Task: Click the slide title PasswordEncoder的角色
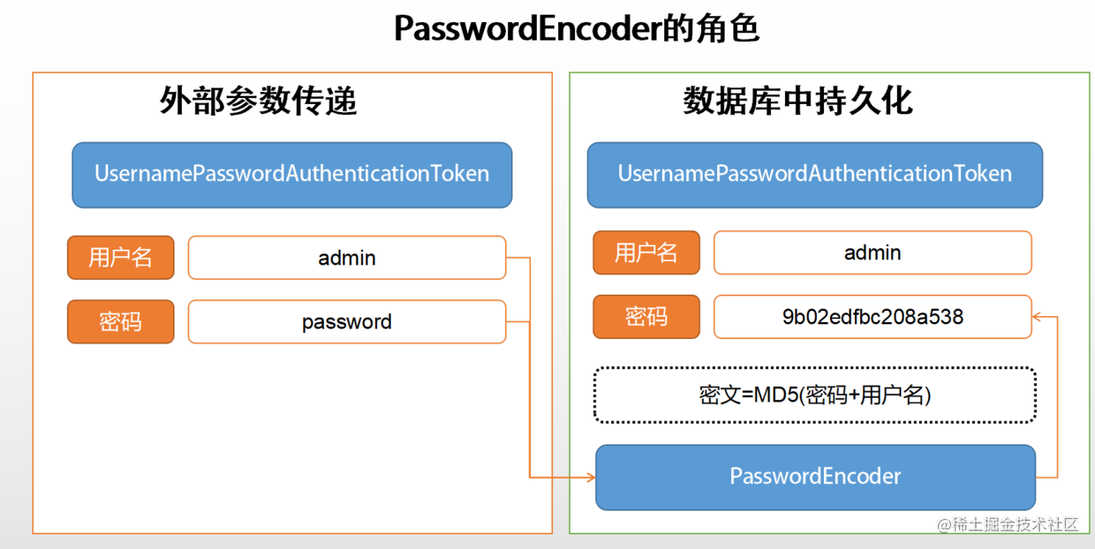click(x=576, y=29)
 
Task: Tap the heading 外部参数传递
click(x=259, y=102)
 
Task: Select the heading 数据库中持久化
click(x=797, y=102)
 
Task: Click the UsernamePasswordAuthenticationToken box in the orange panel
click(x=292, y=175)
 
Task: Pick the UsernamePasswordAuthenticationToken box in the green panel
click(x=814, y=175)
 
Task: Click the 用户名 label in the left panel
click(x=121, y=258)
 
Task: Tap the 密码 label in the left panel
click(x=121, y=321)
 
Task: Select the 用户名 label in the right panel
click(x=646, y=253)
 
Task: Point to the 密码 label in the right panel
click(x=646, y=316)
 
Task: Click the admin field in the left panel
click(x=347, y=258)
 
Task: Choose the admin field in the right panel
click(x=872, y=253)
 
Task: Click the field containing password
click(x=347, y=322)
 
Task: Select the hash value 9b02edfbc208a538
click(x=872, y=317)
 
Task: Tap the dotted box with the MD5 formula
click(x=814, y=395)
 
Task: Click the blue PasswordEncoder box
click(x=815, y=478)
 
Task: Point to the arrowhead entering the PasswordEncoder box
click(x=590, y=478)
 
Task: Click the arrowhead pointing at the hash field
click(x=1038, y=316)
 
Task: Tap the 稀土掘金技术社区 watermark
click(x=1008, y=524)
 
